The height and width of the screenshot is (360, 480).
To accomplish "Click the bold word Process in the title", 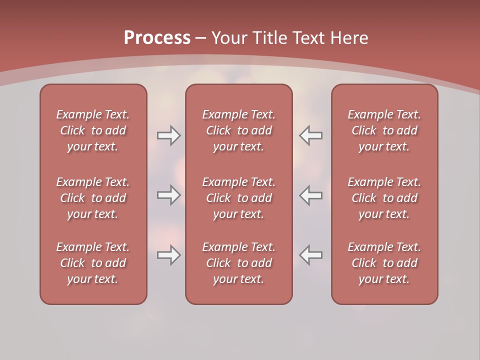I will pyautogui.click(x=157, y=38).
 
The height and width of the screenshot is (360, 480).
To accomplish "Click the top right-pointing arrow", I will pyautogui.click(x=168, y=135).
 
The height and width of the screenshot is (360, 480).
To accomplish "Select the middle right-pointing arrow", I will pyautogui.click(x=168, y=195).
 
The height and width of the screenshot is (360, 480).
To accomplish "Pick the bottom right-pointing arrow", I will pyautogui.click(x=168, y=255).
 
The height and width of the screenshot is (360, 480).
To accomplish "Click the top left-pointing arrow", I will pyautogui.click(x=311, y=135).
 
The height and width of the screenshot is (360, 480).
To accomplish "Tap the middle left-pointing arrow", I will pyautogui.click(x=311, y=195).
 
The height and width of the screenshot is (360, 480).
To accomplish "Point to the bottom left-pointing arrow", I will pyautogui.click(x=311, y=255).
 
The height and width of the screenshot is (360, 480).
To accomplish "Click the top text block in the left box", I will pyautogui.click(x=93, y=130).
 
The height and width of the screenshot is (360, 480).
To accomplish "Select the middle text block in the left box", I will pyautogui.click(x=93, y=198).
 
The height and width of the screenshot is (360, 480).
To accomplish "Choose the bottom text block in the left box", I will pyautogui.click(x=93, y=263).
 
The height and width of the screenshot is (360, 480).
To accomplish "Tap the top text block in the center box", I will pyautogui.click(x=239, y=130).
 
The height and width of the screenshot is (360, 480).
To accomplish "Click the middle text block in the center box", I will pyautogui.click(x=239, y=198).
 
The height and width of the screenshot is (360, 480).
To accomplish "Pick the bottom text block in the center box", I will pyautogui.click(x=239, y=263).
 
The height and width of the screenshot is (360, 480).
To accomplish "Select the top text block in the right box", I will pyautogui.click(x=384, y=130).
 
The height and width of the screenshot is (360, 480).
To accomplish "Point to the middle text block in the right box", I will pyautogui.click(x=384, y=198).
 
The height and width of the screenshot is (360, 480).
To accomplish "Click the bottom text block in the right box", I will pyautogui.click(x=384, y=263).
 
